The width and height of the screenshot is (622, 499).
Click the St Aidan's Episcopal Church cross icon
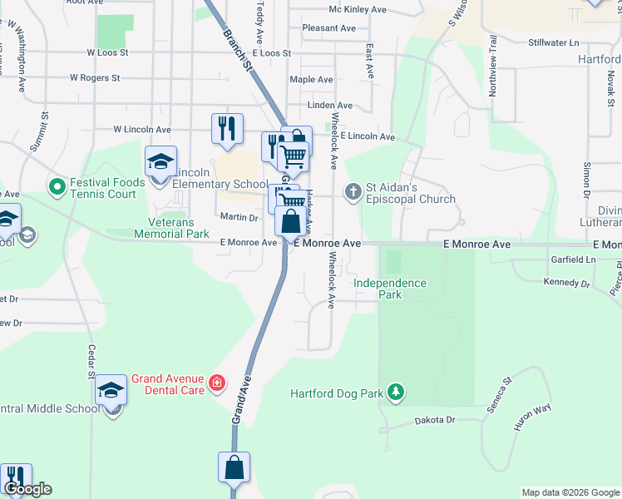(353, 191)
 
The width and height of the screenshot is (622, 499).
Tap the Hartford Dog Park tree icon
(397, 392)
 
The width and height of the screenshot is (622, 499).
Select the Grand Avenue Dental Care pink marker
(217, 382)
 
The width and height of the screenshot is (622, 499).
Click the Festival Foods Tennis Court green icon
(57, 185)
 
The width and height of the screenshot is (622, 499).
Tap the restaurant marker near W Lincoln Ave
(227, 128)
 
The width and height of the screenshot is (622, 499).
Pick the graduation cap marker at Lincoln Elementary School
(160, 161)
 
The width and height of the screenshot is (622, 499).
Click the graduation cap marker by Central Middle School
(111, 390)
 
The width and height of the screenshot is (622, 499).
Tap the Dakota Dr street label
(439, 421)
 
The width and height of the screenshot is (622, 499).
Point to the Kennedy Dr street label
(565, 283)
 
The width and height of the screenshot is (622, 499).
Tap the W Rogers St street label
(95, 77)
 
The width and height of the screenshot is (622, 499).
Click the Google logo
(27, 489)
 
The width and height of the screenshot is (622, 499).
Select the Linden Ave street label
(330, 106)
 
